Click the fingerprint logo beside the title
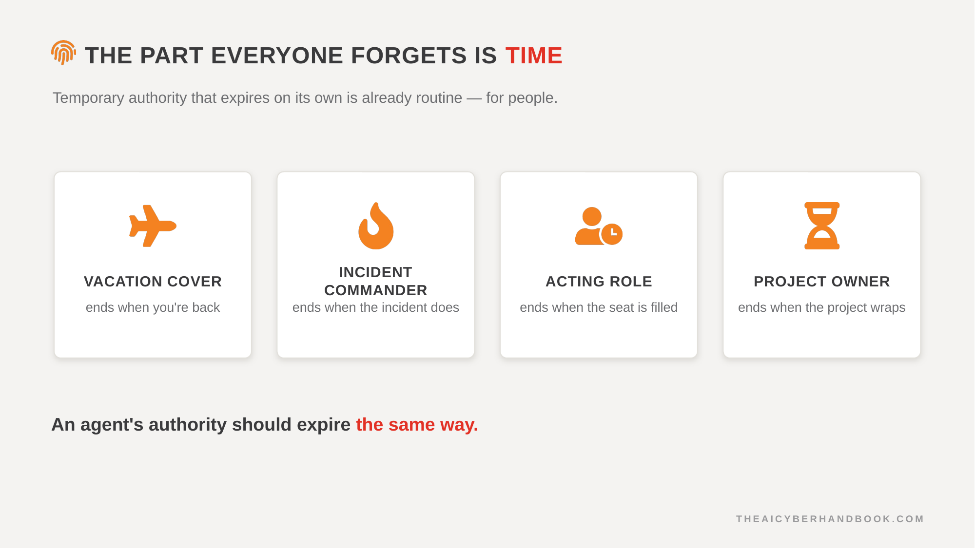(63, 53)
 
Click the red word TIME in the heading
(534, 56)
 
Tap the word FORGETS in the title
(409, 56)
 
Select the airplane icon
(153, 226)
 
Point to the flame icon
(376, 226)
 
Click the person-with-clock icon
(599, 226)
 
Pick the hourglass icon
(822, 226)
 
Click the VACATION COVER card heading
(153, 282)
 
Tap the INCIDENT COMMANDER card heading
(376, 281)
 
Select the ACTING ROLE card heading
(599, 282)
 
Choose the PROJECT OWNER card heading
(822, 282)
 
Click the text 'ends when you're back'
(153, 307)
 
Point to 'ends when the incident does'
(376, 307)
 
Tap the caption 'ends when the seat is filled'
(599, 307)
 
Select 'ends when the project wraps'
(822, 307)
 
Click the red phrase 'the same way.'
(417, 425)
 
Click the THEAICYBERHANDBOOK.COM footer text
(830, 519)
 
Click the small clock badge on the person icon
(612, 234)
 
